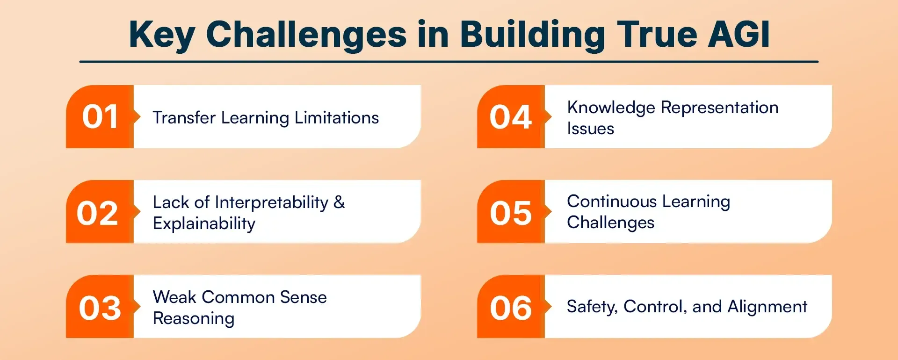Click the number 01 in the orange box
click(100, 117)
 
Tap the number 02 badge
click(97, 213)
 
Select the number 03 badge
click(100, 308)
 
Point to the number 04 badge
click(510, 117)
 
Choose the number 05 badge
click(510, 213)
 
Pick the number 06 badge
click(510, 308)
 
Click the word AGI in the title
click(739, 34)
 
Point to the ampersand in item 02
click(339, 202)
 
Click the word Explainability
click(204, 223)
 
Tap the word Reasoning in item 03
click(193, 318)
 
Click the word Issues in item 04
click(590, 129)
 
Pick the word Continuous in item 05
click(612, 202)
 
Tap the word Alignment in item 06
click(767, 307)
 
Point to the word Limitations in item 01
click(336, 117)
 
